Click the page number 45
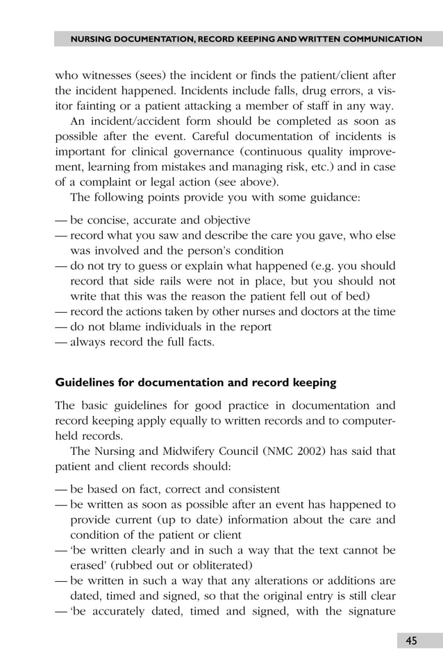point(412,641)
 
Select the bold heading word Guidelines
point(86,382)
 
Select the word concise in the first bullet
point(104,221)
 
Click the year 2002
point(297,452)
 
